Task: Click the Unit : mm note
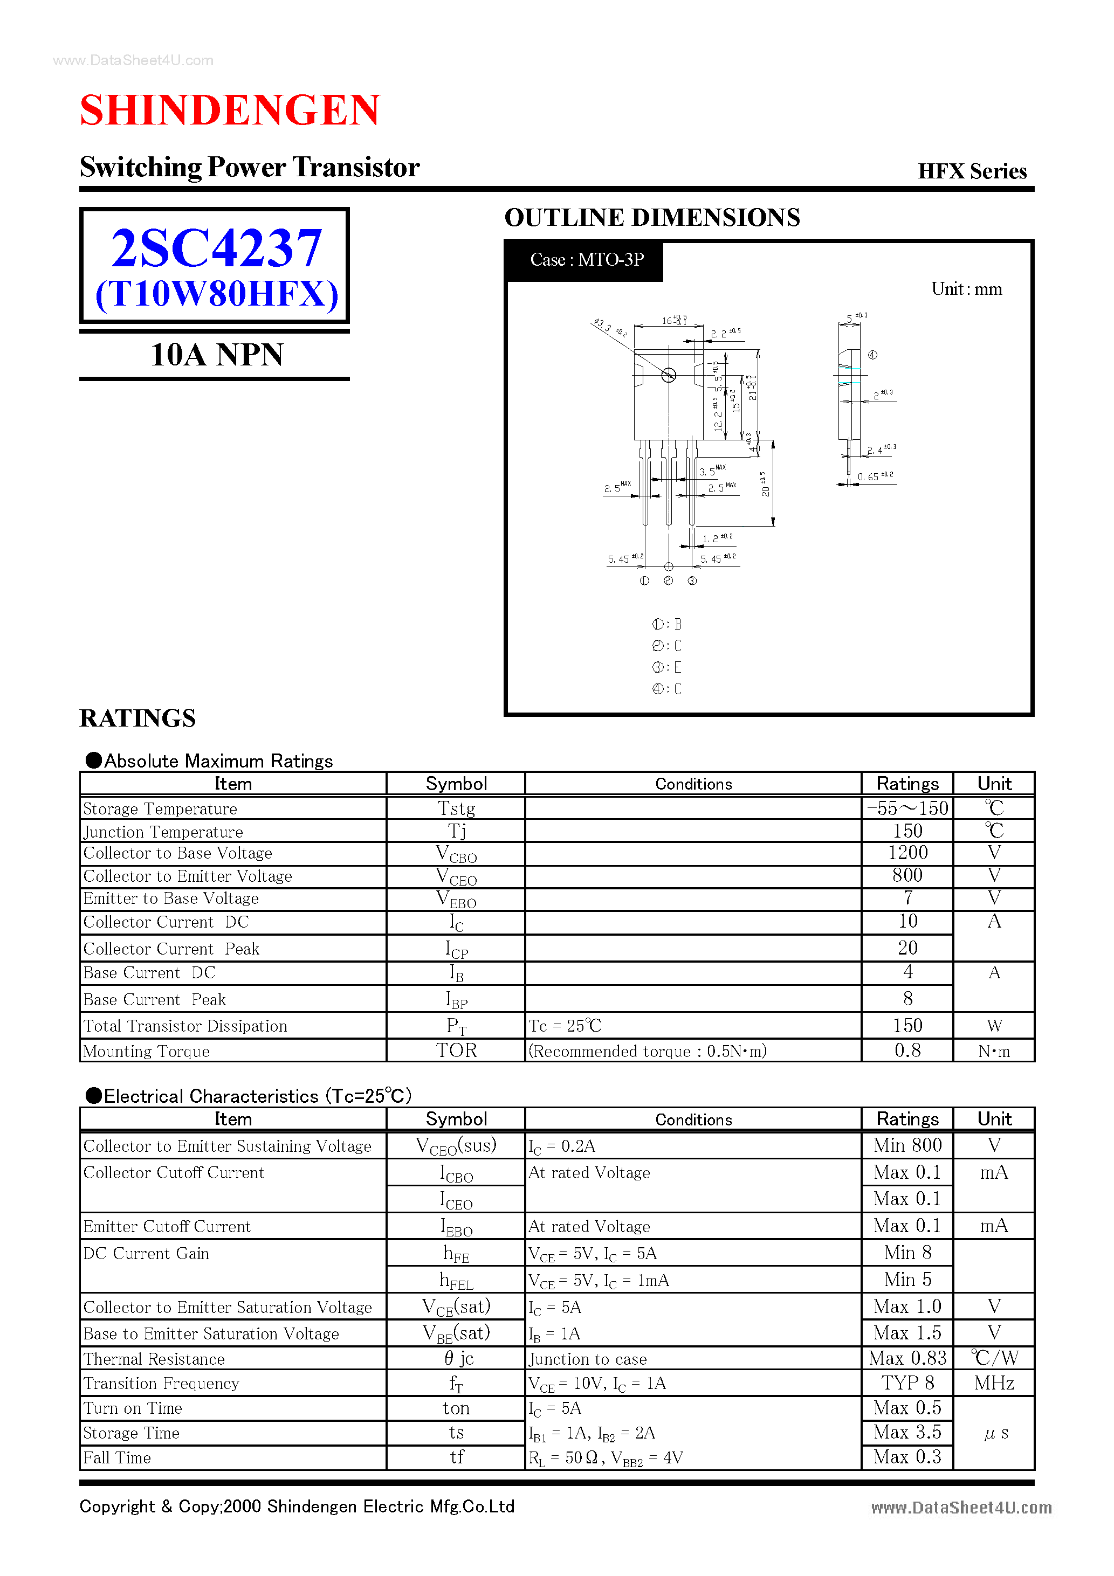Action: pyautogui.click(x=966, y=289)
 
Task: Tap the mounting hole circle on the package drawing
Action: pyautogui.click(x=668, y=375)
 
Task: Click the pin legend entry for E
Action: pyautogui.click(x=667, y=667)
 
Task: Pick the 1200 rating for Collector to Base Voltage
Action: pyautogui.click(x=907, y=853)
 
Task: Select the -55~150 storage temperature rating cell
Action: pyautogui.click(x=907, y=808)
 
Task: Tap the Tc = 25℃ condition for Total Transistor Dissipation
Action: pyautogui.click(x=565, y=1026)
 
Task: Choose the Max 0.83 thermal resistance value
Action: pyautogui.click(x=907, y=1358)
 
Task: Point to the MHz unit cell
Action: pyautogui.click(x=994, y=1383)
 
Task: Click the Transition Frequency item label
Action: pyautogui.click(x=161, y=1383)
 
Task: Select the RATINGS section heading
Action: pyautogui.click(x=138, y=718)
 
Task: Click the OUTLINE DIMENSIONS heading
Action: pyautogui.click(x=652, y=218)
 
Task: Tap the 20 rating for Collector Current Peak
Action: pyautogui.click(x=907, y=948)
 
